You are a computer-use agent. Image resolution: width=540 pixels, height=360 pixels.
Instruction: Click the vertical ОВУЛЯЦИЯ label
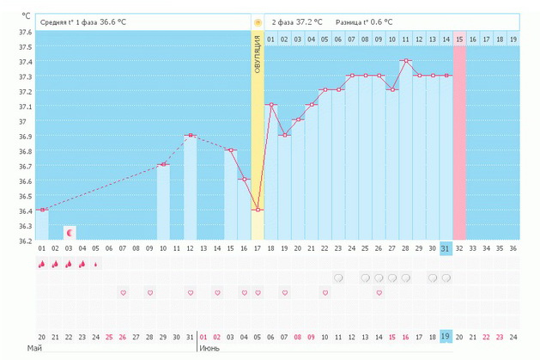click(x=258, y=54)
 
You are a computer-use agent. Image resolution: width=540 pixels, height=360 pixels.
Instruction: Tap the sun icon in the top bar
click(x=258, y=20)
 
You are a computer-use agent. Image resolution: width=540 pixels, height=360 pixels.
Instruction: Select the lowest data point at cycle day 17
click(x=258, y=210)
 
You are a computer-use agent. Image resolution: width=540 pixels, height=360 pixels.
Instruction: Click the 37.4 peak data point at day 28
click(x=405, y=61)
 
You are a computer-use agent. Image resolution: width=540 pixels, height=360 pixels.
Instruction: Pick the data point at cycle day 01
click(x=41, y=210)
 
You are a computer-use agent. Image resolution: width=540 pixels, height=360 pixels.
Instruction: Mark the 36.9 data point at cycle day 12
click(x=190, y=136)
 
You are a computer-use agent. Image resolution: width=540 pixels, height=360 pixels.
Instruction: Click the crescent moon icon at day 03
click(x=70, y=233)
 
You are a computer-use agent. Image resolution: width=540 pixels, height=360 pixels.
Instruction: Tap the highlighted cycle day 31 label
click(x=446, y=248)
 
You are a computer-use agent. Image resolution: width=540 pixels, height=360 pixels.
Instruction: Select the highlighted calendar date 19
click(x=446, y=336)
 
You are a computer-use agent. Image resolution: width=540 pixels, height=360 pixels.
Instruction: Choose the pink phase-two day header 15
click(x=459, y=40)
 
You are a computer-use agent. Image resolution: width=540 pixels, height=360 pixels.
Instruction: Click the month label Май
click(x=34, y=349)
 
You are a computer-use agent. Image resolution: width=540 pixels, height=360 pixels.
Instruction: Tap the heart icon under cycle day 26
click(x=379, y=293)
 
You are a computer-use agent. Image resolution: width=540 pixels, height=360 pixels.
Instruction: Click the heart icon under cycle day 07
click(x=123, y=293)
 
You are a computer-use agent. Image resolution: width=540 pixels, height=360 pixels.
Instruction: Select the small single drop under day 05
click(x=95, y=264)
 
